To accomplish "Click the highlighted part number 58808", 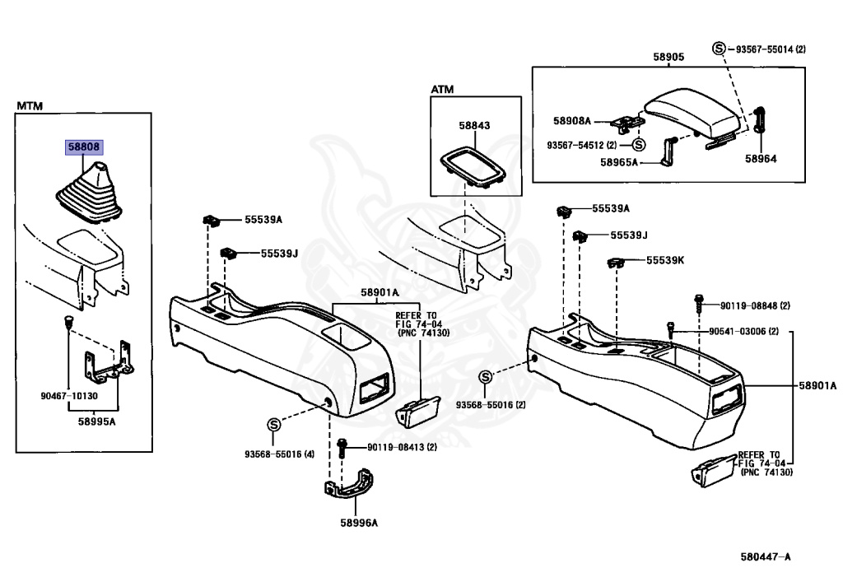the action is tap(84, 147).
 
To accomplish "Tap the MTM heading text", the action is tap(30, 106).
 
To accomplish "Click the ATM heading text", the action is tap(442, 89).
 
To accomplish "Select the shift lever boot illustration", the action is tap(89, 192).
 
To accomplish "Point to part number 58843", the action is tap(474, 125).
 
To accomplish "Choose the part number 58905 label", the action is tap(668, 57).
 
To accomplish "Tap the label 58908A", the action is tap(572, 121).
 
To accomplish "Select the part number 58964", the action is tap(761, 159).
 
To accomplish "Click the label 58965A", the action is tap(619, 162).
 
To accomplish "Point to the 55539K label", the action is tap(665, 260).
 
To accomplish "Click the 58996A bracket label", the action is tap(359, 523).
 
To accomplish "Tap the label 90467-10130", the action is tap(69, 396).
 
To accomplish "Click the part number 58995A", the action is tap(97, 421).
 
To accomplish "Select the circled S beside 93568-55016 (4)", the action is tap(273, 425).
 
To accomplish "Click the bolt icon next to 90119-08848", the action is tap(698, 304).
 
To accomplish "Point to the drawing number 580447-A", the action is tap(766, 556).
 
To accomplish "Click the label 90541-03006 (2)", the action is tap(743, 332).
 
